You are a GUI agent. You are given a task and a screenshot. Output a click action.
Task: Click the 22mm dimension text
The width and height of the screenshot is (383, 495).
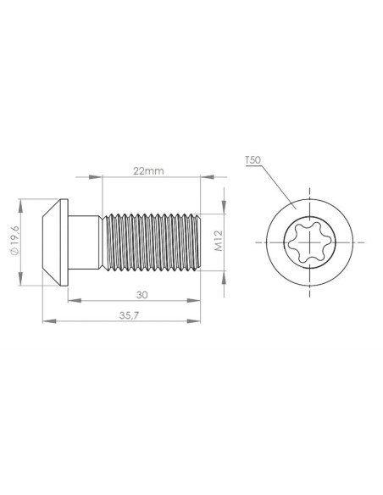(x=148, y=170)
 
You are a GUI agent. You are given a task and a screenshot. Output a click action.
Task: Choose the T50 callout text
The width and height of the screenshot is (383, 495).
(x=252, y=159)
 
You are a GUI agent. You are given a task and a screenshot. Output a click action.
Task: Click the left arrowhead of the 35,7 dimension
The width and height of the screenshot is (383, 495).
(x=47, y=322)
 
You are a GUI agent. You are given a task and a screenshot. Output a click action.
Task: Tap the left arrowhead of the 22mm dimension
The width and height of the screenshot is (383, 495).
(x=106, y=177)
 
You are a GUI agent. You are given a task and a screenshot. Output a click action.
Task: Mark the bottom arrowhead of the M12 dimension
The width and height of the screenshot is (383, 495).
(x=225, y=267)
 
